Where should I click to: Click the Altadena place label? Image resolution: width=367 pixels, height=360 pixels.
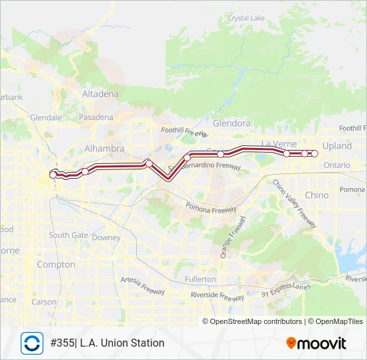tap(100, 94)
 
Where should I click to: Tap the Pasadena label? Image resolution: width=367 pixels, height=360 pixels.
tap(96, 117)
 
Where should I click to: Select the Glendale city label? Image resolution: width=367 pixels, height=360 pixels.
tap(45, 117)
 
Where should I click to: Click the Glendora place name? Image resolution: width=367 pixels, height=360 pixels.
tap(231, 123)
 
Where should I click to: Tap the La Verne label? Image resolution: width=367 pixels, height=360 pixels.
tap(278, 143)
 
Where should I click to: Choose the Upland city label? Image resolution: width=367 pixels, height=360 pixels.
tap(336, 145)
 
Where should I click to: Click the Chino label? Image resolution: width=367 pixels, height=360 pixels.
tap(316, 195)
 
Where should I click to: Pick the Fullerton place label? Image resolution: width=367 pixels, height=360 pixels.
tap(200, 279)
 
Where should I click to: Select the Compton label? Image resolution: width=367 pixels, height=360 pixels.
tap(57, 265)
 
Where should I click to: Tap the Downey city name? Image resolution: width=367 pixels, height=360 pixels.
tap(106, 237)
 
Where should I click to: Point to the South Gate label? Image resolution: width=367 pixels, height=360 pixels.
tap(68, 235)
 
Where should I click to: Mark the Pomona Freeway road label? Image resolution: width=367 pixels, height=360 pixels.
tap(212, 209)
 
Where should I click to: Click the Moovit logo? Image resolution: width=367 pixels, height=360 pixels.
tap(316, 343)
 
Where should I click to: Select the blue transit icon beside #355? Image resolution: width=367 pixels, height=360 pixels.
tap(31, 343)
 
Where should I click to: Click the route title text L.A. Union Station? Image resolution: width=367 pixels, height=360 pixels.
tap(122, 343)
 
